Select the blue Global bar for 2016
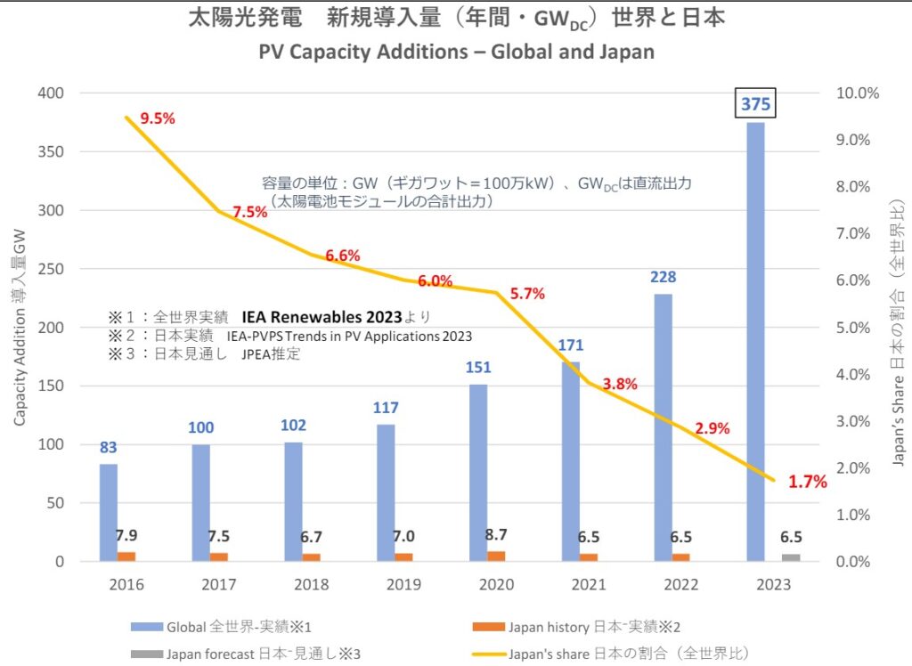108,512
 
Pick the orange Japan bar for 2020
496,556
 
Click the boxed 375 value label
755,105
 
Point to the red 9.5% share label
157,118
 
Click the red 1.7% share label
808,482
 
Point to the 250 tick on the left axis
53,269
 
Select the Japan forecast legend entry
249,654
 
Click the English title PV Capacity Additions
456,51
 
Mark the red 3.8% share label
620,384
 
